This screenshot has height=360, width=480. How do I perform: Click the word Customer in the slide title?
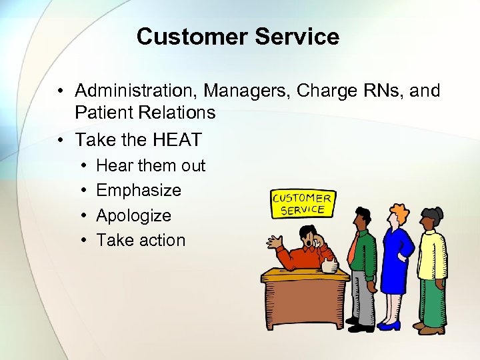point(189,37)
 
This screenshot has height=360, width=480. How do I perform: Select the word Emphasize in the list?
point(139,191)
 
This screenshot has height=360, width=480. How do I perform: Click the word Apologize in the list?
point(133,216)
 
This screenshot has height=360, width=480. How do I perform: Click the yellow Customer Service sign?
point(301,204)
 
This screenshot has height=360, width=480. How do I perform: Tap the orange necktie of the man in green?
point(351,247)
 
